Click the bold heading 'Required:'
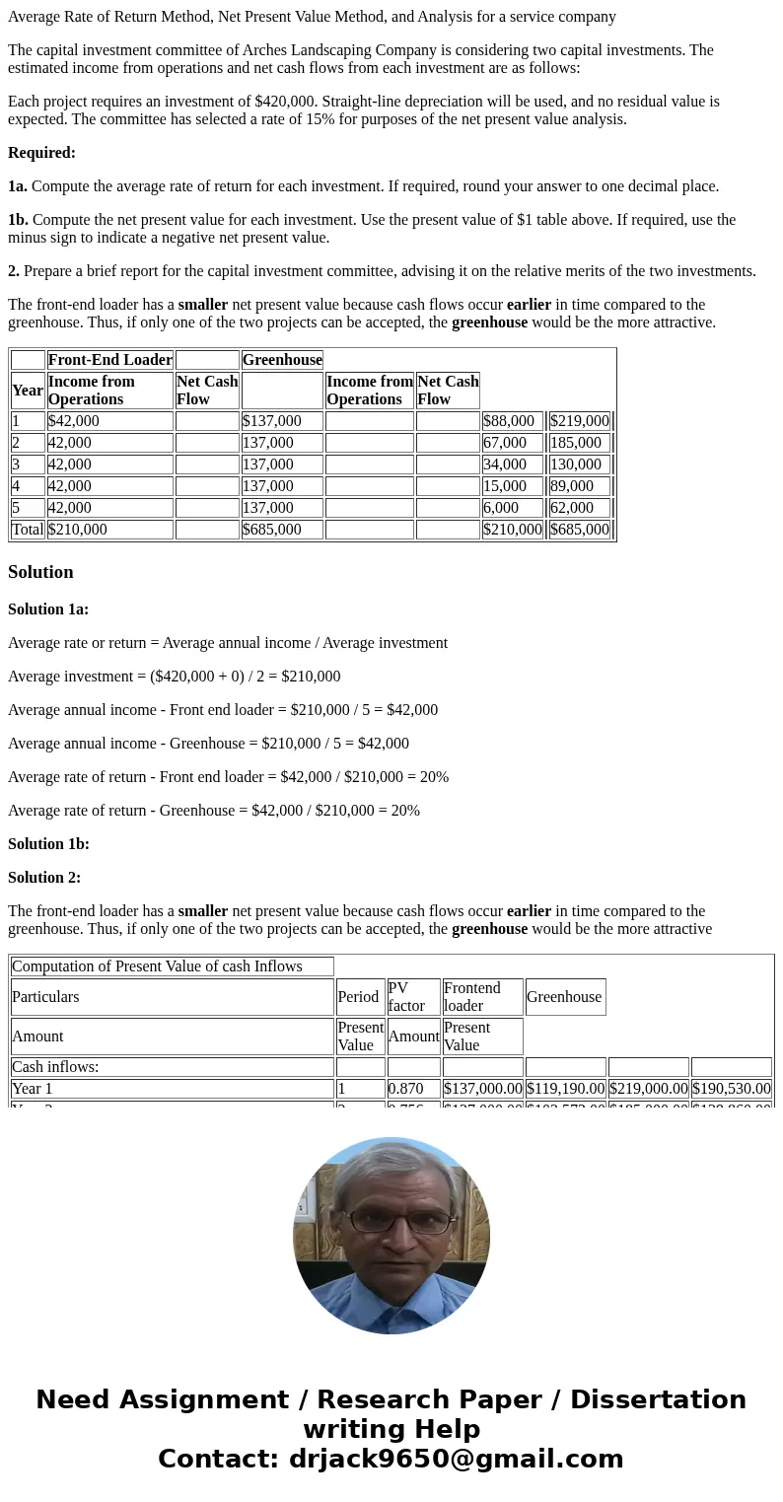[x=41, y=153]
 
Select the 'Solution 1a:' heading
[x=48, y=609]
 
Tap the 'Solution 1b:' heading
[x=48, y=844]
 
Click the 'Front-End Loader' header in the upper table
[x=109, y=360]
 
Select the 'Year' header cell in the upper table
[x=28, y=391]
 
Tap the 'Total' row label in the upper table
[x=28, y=530]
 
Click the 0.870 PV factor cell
[x=400, y=1089]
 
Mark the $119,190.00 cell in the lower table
[x=565, y=1089]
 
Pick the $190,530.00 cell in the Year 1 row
[x=731, y=1089]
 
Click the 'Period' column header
[x=358, y=997]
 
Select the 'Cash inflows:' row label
[x=55, y=1067]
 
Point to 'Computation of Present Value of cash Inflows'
[x=157, y=966]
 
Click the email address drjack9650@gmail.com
[x=456, y=1460]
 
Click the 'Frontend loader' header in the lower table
[x=472, y=997]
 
